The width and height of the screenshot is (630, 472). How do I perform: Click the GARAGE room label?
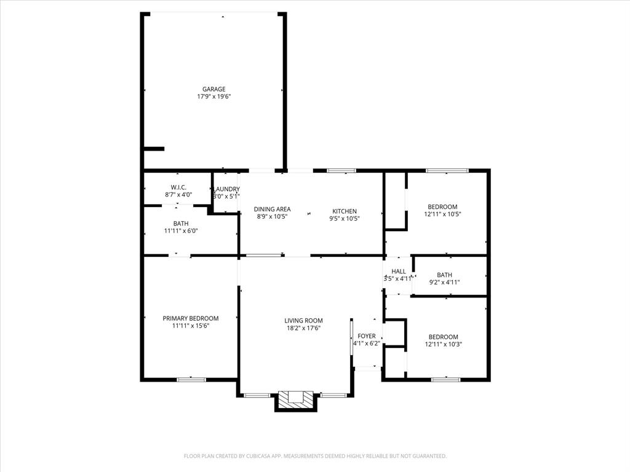tap(214, 89)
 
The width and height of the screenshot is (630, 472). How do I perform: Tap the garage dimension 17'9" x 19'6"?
tap(214, 96)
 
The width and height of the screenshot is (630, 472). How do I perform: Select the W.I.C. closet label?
tap(178, 187)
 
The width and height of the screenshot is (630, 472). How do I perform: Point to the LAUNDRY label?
tap(226, 189)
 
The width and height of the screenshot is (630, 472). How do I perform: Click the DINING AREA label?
tap(272, 210)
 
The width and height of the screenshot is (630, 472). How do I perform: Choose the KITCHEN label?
tap(345, 211)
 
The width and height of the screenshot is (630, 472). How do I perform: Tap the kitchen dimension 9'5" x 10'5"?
tap(345, 218)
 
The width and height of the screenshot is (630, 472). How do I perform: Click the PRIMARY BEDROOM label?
tap(191, 318)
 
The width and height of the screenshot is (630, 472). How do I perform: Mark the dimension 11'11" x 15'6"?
tap(191, 326)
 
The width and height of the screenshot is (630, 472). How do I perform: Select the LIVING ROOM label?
tap(303, 321)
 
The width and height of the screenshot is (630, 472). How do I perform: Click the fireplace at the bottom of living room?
tap(295, 399)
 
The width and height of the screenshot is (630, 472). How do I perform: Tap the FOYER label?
tap(367, 336)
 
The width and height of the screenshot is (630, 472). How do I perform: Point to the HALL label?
tap(399, 271)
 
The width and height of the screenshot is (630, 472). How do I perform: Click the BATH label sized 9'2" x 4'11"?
tap(444, 275)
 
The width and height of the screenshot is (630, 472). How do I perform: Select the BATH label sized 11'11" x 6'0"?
tap(181, 224)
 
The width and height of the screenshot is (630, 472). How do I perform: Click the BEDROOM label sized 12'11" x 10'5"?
tap(443, 207)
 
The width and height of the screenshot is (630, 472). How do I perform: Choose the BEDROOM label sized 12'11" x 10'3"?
tap(443, 337)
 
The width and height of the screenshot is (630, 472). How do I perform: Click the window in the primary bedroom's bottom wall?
tap(191, 379)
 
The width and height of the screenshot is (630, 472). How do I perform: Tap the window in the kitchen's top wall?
tap(341, 170)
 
